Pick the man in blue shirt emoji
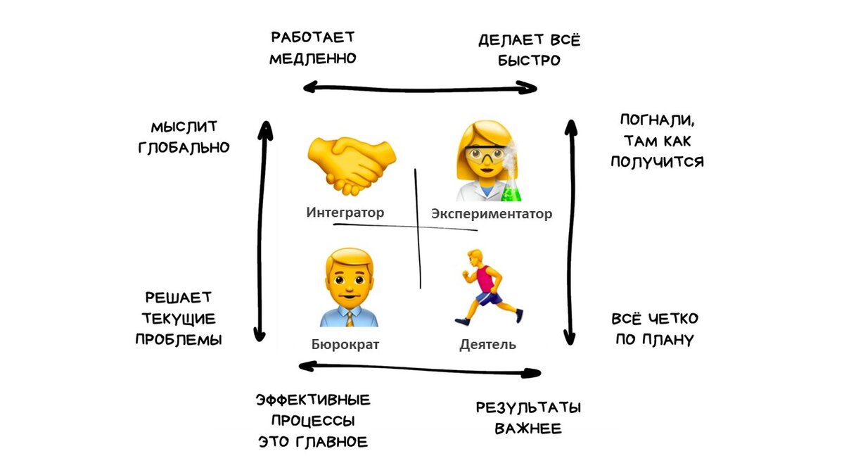(350, 290)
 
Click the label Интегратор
(345, 212)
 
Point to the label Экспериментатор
(491, 214)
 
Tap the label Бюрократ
(345, 344)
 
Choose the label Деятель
(487, 344)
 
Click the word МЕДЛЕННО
(312, 58)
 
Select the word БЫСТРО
(529, 61)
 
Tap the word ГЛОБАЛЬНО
(184, 148)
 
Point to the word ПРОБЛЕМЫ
(178, 339)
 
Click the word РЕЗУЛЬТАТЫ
(528, 408)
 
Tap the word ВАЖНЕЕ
(528, 429)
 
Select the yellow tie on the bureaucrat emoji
(350, 319)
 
